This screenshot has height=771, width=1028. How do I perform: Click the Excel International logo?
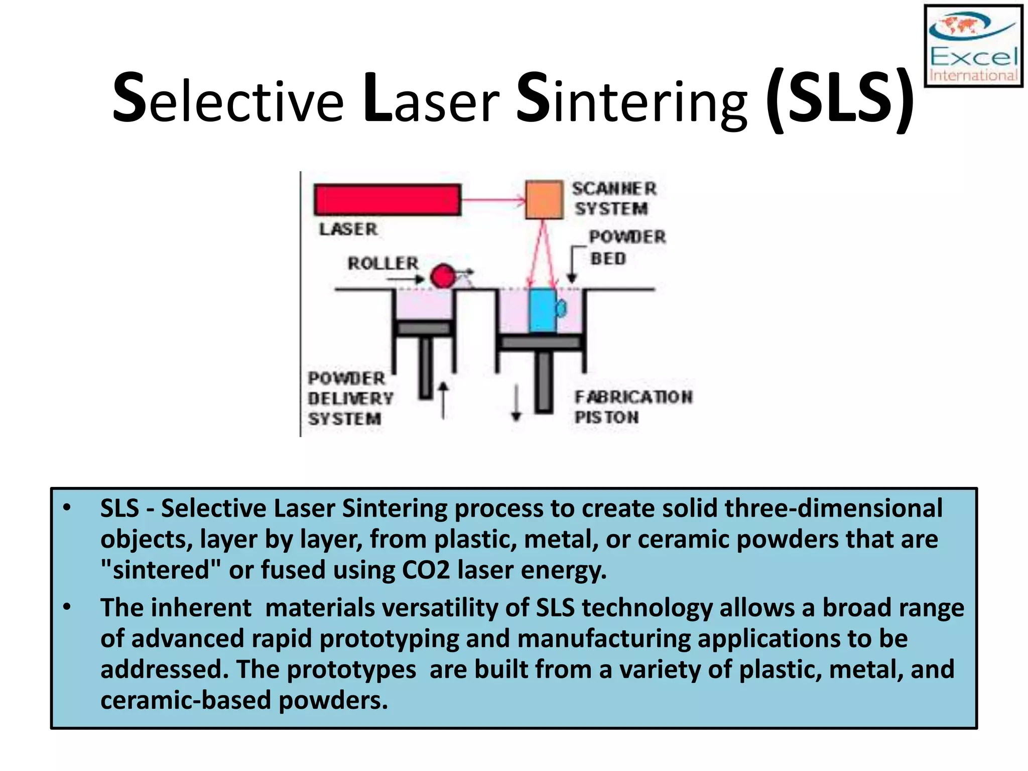(973, 46)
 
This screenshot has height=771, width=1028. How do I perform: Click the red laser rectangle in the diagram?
(387, 200)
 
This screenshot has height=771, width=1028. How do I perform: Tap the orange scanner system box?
(544, 200)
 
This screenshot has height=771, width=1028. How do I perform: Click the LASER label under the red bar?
(348, 229)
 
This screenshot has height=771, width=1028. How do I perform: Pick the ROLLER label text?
(383, 263)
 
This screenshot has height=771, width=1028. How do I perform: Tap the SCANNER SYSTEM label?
(613, 199)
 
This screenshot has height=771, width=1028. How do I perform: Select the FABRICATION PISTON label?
(632, 407)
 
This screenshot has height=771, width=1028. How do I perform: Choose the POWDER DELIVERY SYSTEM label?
(350, 399)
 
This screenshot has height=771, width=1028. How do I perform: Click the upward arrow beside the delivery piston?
(443, 400)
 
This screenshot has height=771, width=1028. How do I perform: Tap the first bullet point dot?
(67, 508)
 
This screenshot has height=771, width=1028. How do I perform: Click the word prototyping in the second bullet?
(389, 639)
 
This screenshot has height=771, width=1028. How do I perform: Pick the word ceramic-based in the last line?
(186, 701)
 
